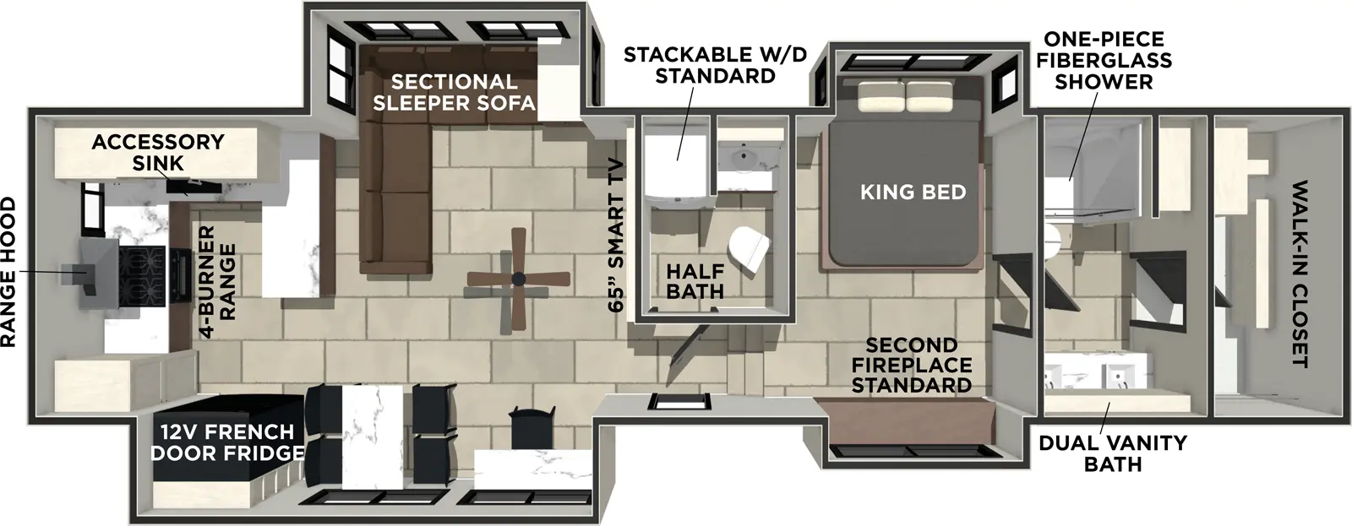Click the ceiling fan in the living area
517,279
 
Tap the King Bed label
913,193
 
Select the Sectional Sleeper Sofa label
454,93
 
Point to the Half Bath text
695,282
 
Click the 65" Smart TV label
618,236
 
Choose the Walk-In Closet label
1298,274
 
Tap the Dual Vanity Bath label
1112,453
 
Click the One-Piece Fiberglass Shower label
1104,60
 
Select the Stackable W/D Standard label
715,65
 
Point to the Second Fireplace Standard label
911,366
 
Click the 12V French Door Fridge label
226,442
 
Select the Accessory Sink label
157,152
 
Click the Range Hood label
8,272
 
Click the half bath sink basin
746,157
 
